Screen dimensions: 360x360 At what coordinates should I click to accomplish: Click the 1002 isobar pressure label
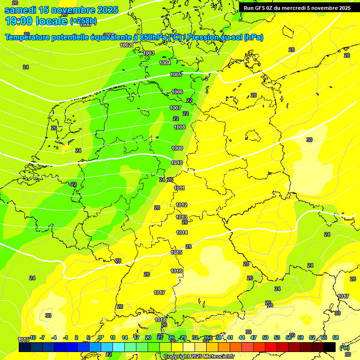click(x=126, y=45)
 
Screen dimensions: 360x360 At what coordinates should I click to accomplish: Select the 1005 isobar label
click(x=176, y=75)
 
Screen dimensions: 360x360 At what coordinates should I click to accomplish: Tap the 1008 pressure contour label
click(x=180, y=127)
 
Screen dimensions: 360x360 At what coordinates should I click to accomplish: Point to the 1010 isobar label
click(x=177, y=163)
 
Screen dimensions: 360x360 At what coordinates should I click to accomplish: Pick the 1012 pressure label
click(x=181, y=205)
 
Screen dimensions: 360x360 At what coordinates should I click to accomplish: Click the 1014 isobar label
click(x=182, y=232)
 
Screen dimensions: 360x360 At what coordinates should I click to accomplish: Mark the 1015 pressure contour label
click(x=176, y=252)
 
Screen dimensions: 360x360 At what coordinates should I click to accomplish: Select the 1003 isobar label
click(x=149, y=53)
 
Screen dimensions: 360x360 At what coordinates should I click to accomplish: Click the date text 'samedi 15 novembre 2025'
click(x=61, y=10)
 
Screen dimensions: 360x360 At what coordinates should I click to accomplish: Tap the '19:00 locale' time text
click(x=36, y=21)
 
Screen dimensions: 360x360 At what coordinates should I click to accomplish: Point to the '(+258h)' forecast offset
click(x=83, y=21)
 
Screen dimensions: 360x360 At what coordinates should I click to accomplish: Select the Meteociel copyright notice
click(x=199, y=356)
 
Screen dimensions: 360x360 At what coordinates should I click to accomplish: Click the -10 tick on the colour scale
click(x=32, y=337)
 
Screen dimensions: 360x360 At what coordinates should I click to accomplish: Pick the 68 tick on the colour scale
click(x=336, y=337)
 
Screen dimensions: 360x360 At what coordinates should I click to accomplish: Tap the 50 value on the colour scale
click(x=265, y=337)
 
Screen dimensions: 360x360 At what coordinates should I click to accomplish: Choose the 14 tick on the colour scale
click(x=125, y=337)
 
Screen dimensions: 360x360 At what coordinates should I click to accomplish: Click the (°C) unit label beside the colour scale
click(x=344, y=348)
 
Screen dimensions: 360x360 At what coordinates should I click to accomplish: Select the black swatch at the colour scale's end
click(x=330, y=347)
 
